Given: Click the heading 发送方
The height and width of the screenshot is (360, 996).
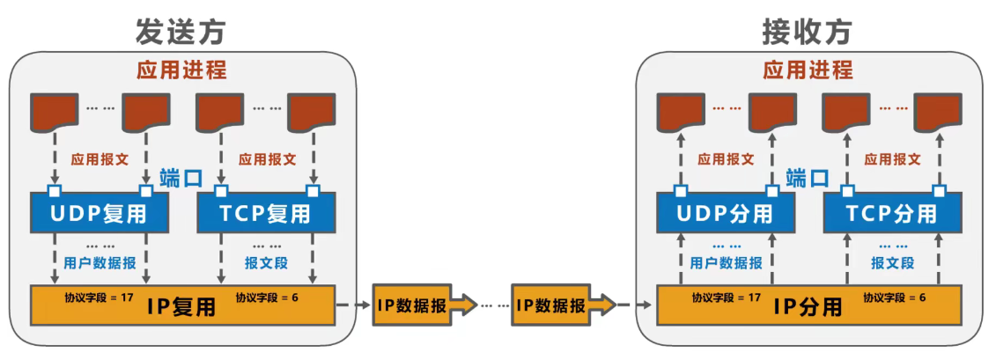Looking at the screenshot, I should click(x=181, y=31).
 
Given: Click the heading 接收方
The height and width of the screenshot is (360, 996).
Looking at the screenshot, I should click(x=807, y=31).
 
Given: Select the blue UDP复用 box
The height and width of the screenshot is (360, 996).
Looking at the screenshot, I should click(x=99, y=212).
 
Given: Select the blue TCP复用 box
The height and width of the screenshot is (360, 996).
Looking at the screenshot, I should click(x=265, y=212).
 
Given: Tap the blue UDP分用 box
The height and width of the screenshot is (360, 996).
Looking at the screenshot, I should click(x=726, y=212).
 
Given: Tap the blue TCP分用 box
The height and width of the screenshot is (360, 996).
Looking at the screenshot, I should click(x=892, y=212).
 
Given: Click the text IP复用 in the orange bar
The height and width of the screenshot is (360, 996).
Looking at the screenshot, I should click(x=181, y=306).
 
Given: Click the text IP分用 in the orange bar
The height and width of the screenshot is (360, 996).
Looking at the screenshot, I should click(x=807, y=306).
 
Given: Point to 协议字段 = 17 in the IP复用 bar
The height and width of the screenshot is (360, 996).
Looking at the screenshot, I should click(x=99, y=298).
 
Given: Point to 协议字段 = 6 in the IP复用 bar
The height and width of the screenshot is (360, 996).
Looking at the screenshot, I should click(x=267, y=298).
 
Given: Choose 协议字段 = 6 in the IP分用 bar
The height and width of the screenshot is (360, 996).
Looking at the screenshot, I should click(x=894, y=298).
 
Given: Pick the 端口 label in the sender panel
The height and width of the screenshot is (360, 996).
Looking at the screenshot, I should click(x=181, y=178).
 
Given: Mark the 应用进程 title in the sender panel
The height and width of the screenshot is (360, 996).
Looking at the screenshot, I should click(x=181, y=70).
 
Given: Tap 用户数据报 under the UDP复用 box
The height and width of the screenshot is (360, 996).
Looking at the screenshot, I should click(x=100, y=262).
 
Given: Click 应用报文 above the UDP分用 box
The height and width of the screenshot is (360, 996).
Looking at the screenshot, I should click(x=726, y=159).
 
